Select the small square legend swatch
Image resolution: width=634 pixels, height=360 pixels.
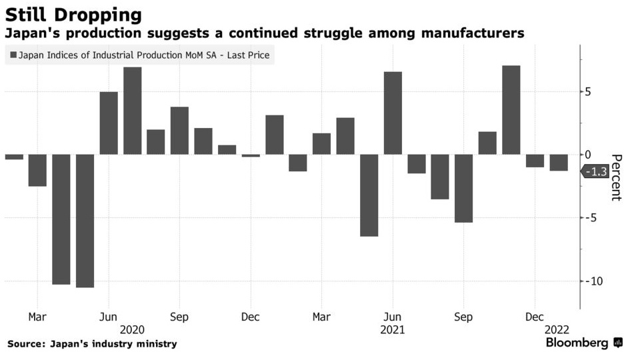[13, 55]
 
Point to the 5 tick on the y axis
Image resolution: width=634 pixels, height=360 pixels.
[587, 91]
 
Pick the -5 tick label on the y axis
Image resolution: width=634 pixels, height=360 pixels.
[591, 218]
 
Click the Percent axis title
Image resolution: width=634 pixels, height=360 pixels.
[616, 177]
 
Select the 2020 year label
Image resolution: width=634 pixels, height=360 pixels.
[132, 329]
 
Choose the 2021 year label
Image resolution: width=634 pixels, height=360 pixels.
[392, 329]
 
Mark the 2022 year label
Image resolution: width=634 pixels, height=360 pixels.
[557, 329]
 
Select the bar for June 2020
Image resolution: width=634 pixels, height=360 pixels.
[109, 123]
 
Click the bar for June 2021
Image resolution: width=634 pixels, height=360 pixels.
[393, 113]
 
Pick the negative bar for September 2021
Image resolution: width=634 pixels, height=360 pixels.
[464, 189]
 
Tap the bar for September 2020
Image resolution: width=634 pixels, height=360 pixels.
[179, 131]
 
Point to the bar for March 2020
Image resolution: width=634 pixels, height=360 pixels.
[37, 171]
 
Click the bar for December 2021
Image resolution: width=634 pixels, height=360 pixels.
[535, 161]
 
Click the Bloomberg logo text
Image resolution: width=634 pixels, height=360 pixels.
[577, 343]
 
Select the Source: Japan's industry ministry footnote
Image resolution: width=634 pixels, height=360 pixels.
[93, 344]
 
